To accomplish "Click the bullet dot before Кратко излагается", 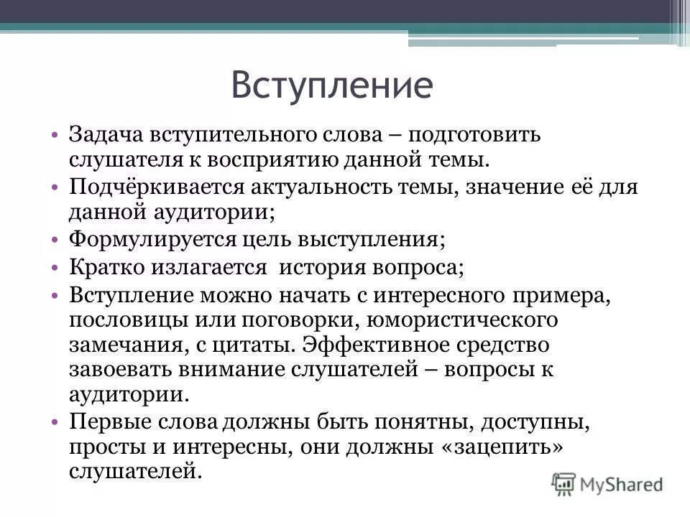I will (56, 267).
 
